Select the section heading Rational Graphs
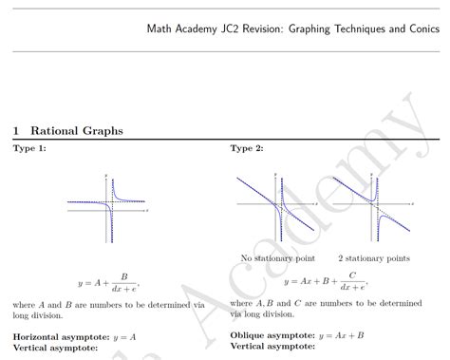(77, 130)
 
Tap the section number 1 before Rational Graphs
(16, 130)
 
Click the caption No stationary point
(277, 257)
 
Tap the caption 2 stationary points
(374, 257)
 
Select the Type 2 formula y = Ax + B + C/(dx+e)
(326, 281)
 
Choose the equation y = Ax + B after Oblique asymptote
(342, 335)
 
